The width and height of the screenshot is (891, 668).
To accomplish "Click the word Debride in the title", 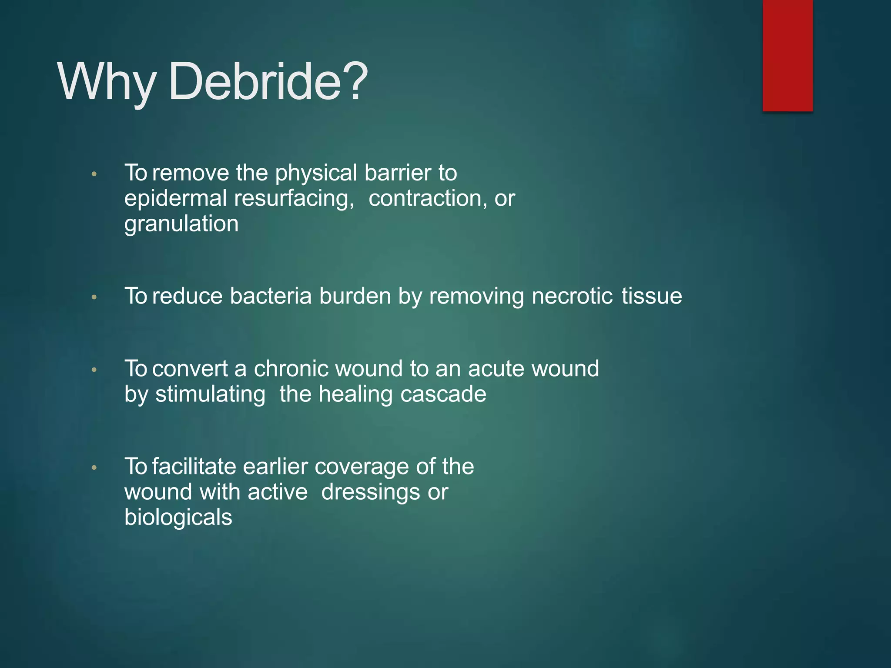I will pyautogui.click(x=255, y=81).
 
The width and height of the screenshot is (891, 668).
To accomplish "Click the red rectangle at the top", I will pyautogui.click(x=787, y=55).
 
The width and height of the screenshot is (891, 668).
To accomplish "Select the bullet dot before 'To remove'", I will pyautogui.click(x=94, y=174).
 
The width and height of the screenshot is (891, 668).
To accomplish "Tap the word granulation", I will pyautogui.click(x=181, y=224).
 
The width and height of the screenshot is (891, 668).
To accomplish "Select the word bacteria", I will pyautogui.click(x=271, y=296).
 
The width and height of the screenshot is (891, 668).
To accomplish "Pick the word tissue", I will pyautogui.click(x=651, y=296).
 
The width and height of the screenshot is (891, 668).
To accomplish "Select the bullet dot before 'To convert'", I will pyautogui.click(x=94, y=370).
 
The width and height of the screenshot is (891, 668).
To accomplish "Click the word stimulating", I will pyautogui.click(x=210, y=394).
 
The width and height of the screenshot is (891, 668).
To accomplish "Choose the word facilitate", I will pyautogui.click(x=194, y=467).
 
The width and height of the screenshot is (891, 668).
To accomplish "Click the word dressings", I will pyautogui.click(x=371, y=492).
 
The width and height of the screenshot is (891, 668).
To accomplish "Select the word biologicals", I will pyautogui.click(x=178, y=518).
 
